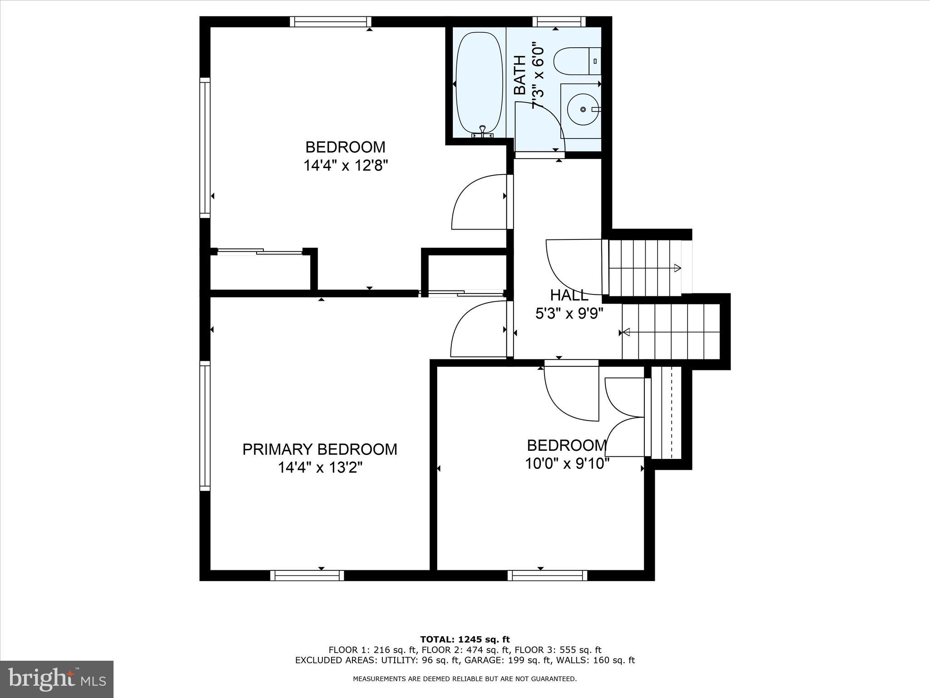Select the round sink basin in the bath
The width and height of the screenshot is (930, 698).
tap(583, 110)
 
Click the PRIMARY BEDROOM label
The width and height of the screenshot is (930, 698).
tap(320, 449)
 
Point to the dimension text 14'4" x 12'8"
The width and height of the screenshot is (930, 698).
tap(346, 165)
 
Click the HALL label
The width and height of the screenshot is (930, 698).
tap(569, 295)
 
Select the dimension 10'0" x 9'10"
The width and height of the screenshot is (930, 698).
tap(567, 464)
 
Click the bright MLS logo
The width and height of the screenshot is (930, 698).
tap(57, 679)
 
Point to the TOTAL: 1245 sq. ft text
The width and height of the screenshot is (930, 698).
tap(465, 640)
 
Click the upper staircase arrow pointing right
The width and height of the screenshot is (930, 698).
tap(677, 268)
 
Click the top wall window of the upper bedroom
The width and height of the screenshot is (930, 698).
tap(330, 21)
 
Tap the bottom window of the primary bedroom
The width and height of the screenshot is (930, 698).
tap(307, 576)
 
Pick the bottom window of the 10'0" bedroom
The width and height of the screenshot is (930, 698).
tap(547, 576)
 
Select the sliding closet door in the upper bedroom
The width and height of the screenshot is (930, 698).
tap(260, 251)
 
